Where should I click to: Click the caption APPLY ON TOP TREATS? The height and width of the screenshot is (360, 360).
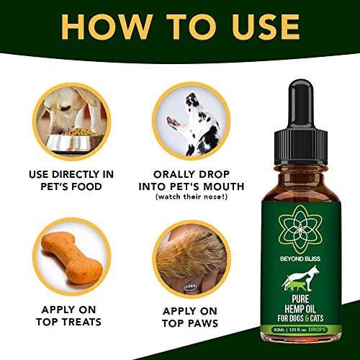70,315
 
